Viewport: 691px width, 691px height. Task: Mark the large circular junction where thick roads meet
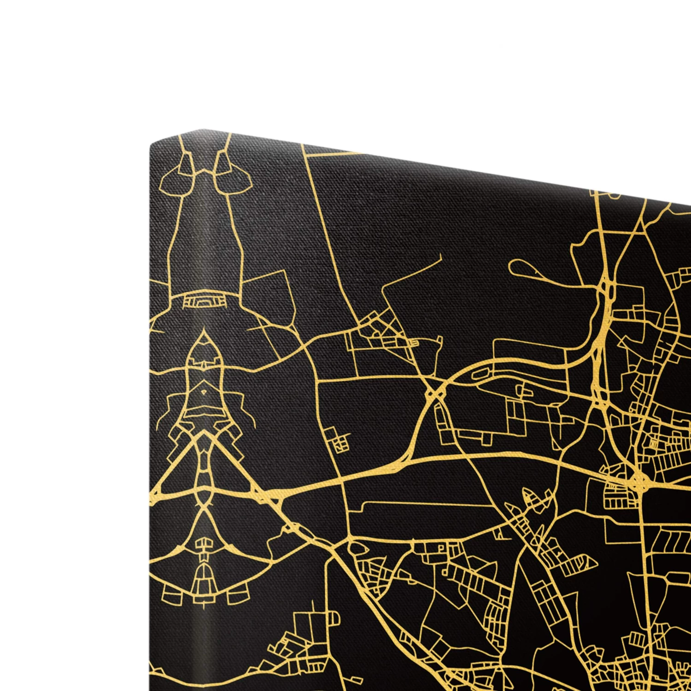[638, 482]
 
